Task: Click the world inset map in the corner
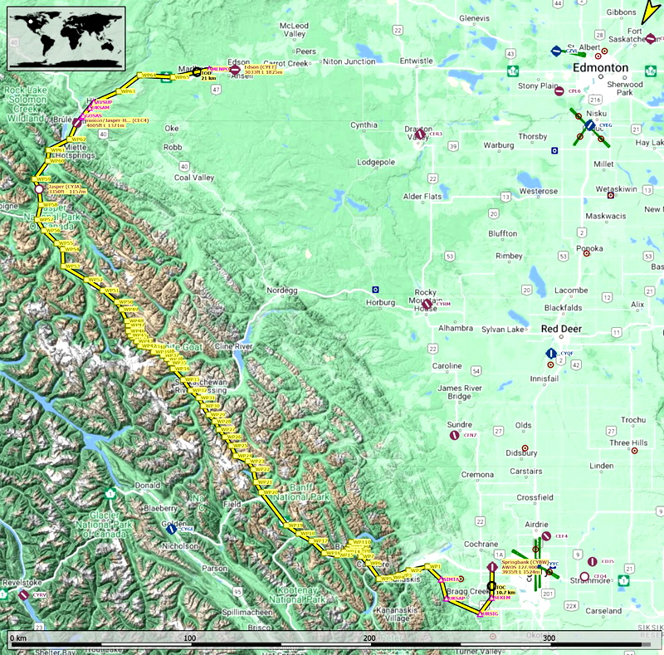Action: [66, 37]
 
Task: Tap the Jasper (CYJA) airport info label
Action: [63, 189]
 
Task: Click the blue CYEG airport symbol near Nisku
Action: [589, 125]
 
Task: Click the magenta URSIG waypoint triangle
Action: [479, 613]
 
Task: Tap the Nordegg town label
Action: [281, 291]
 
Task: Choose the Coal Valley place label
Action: [193, 178]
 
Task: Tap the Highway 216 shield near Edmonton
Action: [595, 99]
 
